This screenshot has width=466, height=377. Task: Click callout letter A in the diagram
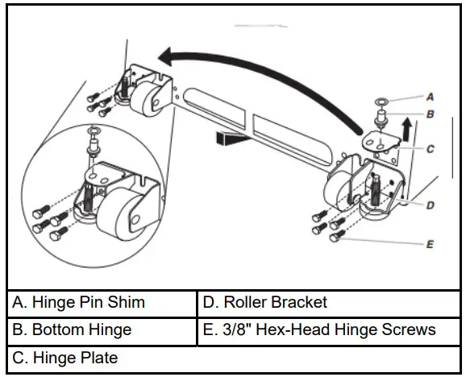pyautogui.click(x=431, y=96)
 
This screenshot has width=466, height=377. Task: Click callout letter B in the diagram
pyautogui.click(x=431, y=114)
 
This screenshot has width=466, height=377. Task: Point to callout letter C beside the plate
pyautogui.click(x=431, y=148)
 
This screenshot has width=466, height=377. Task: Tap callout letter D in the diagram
pyautogui.click(x=431, y=205)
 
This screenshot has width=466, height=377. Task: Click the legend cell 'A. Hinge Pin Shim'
pyautogui.click(x=102, y=302)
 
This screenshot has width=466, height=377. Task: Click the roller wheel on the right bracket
pyautogui.click(x=339, y=193)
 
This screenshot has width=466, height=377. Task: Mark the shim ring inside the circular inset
pyautogui.click(x=94, y=131)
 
